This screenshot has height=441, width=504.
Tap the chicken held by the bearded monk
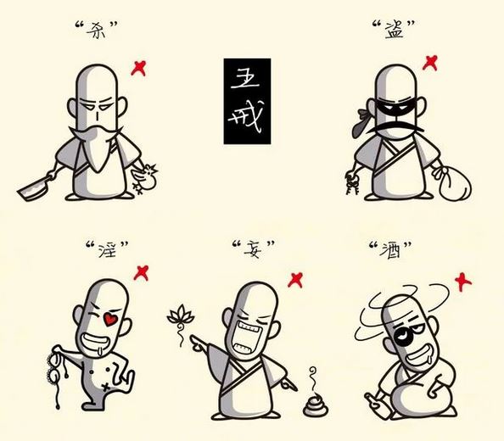click(x=144, y=179)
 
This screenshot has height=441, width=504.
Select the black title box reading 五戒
click(x=247, y=101)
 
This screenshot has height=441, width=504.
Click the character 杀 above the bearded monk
click(x=97, y=30)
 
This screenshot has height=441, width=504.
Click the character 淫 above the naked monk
click(x=106, y=249)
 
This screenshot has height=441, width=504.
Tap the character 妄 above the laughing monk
click(x=253, y=248)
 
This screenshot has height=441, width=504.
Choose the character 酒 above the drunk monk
click(x=389, y=250)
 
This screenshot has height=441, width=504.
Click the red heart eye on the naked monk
click(x=110, y=319)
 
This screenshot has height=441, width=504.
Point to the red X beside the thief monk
click(x=430, y=63)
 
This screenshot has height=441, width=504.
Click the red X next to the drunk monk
click(x=463, y=282)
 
